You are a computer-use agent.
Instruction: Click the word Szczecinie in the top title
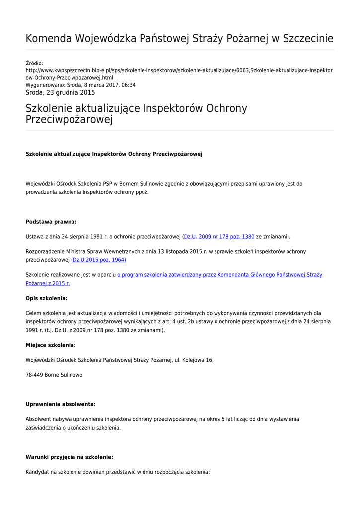point(307,39)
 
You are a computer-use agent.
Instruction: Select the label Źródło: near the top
point(34,63)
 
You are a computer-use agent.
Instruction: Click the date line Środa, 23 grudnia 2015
point(60,92)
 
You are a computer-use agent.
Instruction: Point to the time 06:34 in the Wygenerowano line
point(129,85)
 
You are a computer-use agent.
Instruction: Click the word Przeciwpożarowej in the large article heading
point(69,120)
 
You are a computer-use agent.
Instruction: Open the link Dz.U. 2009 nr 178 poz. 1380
point(219,237)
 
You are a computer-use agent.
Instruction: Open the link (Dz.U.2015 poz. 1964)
point(98,259)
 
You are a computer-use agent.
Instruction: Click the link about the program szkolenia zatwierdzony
point(219,274)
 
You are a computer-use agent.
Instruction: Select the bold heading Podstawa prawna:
point(51,222)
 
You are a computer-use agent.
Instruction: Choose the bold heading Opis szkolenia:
point(46,298)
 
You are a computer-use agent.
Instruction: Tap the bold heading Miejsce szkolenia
point(50,345)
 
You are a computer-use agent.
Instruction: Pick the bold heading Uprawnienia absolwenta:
point(61,404)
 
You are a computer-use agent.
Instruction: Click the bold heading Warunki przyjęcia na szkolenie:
point(69,457)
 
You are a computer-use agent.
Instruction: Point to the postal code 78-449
point(34,375)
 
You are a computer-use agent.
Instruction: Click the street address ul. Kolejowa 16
point(194,360)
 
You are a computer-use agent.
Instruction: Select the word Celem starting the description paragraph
point(35,313)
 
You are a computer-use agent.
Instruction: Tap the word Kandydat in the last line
point(37,472)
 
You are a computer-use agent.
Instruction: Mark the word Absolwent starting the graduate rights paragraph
point(39,419)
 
